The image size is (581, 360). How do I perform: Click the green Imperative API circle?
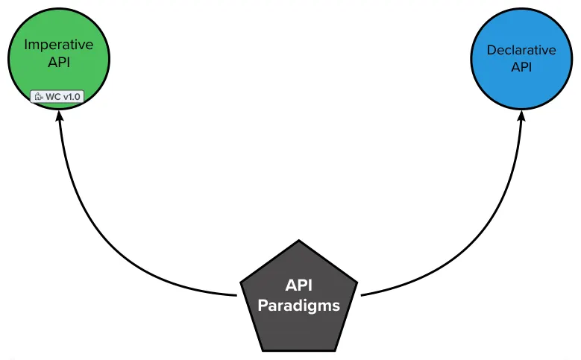click(x=59, y=71)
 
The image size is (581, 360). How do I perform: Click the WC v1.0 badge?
click(x=56, y=97)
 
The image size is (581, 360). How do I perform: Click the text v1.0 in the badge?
click(x=70, y=97)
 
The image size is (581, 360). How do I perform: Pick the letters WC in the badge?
click(x=51, y=97)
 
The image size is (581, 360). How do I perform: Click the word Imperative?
click(x=59, y=44)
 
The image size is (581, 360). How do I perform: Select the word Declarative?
click(x=521, y=51)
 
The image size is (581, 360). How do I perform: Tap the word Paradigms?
click(x=299, y=305)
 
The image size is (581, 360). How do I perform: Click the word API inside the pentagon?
click(x=299, y=286)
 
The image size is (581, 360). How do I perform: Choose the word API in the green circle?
click(x=59, y=61)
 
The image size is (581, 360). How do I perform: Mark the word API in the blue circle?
click(x=521, y=67)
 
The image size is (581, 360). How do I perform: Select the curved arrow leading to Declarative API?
click(x=492, y=224)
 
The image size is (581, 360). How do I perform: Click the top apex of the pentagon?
click(x=299, y=241)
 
